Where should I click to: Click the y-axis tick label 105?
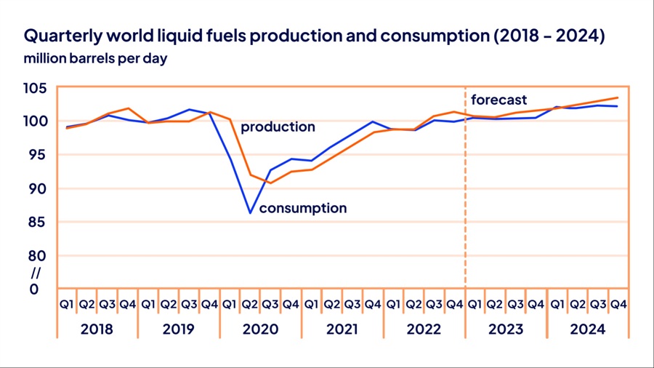pos(36,88)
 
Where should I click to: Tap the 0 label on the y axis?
pos(33,289)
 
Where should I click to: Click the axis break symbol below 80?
pos(33,273)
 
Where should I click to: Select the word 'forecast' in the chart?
pos(498,100)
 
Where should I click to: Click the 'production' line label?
pos(278,127)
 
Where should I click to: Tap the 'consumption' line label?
pos(303,209)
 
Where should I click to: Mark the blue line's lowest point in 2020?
pos(250,213)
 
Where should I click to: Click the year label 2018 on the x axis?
pos(97,329)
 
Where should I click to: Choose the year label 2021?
pos(342,329)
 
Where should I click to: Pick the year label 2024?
pos(587,329)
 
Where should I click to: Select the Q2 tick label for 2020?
pos(250,304)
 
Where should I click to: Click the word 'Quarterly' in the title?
pos(62,36)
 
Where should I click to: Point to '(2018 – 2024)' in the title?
pos(549,36)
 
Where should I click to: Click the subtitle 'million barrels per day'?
pos(95,59)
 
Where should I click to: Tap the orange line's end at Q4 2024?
pos(618,97)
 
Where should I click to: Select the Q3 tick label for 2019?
pos(189,304)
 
